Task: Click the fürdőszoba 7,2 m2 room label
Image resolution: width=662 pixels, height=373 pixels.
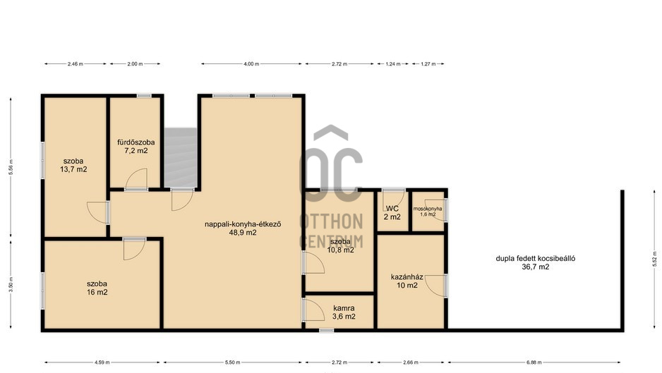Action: (x=136, y=147)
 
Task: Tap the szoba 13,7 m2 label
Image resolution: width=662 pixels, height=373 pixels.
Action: (x=73, y=165)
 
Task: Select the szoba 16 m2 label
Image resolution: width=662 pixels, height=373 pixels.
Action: (x=97, y=288)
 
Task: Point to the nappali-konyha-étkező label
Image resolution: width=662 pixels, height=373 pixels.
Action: (x=243, y=224)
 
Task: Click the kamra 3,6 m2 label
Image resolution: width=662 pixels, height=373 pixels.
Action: (x=344, y=312)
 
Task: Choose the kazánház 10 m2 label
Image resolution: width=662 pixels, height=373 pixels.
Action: (x=407, y=281)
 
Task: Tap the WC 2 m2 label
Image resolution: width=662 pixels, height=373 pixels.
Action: (x=392, y=213)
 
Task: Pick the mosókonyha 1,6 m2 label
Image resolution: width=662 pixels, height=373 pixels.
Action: (x=428, y=212)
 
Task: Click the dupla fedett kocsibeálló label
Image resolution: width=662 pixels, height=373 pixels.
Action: (x=536, y=259)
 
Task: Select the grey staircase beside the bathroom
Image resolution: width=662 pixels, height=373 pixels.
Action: (x=180, y=157)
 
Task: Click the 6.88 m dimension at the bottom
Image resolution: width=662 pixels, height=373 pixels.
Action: (x=534, y=362)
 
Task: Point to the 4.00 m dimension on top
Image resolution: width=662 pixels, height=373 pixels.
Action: (x=251, y=63)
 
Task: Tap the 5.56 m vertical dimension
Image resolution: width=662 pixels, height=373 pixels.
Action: (x=11, y=168)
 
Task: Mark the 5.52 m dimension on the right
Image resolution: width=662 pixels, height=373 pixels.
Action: (x=655, y=259)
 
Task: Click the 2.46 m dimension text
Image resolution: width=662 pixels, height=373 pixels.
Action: (x=75, y=63)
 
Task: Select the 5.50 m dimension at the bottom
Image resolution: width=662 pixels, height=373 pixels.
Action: (x=233, y=362)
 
